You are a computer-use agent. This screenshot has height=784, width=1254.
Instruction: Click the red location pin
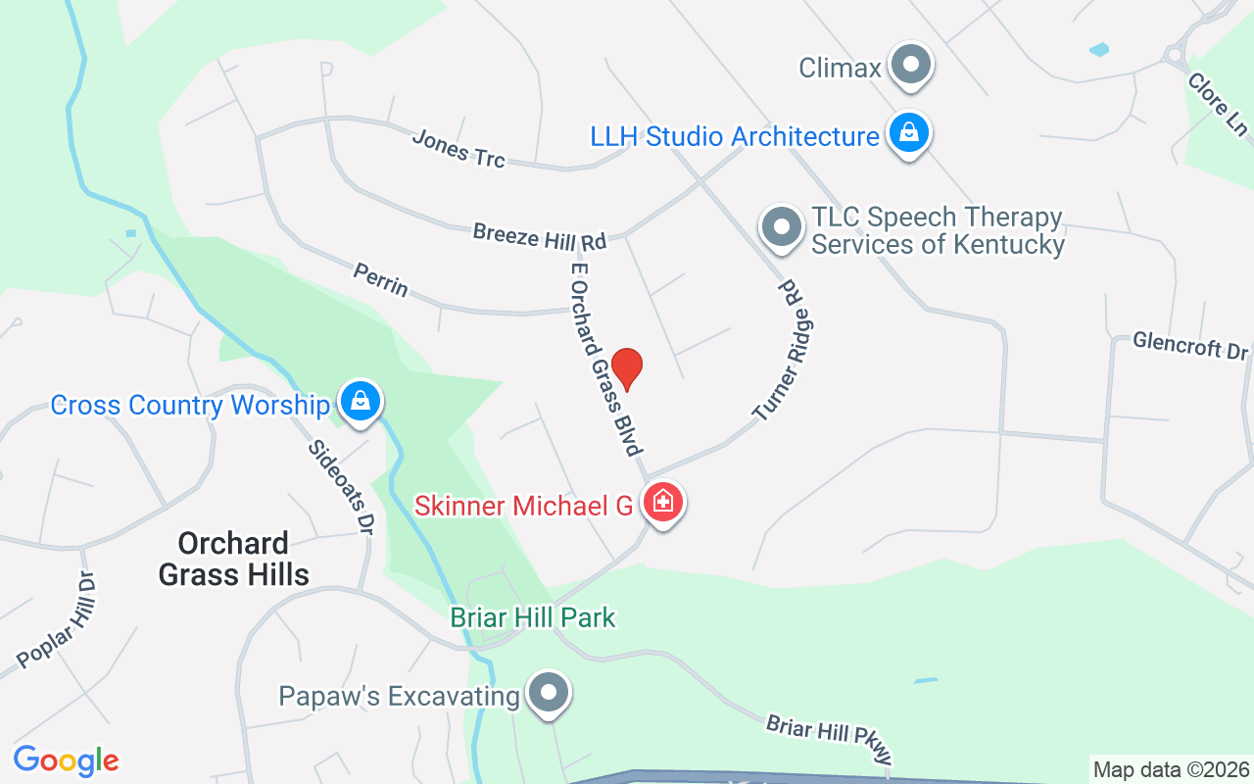pyautogui.click(x=626, y=368)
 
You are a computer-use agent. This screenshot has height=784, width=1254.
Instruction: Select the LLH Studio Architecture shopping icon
pyautogui.click(x=908, y=133)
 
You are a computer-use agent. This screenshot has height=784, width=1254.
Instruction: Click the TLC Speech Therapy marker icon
pyautogui.click(x=781, y=227)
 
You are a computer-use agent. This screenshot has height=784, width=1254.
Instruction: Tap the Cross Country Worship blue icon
pyautogui.click(x=361, y=402)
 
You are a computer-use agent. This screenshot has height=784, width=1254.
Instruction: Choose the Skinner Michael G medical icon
pyautogui.click(x=663, y=503)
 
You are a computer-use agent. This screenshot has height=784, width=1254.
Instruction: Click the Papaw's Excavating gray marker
pyautogui.click(x=550, y=694)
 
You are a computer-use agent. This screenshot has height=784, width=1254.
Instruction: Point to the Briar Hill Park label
pyautogui.click(x=533, y=617)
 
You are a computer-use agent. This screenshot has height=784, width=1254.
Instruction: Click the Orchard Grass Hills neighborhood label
pyautogui.click(x=234, y=559)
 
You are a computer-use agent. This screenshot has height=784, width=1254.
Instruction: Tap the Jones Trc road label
pyautogui.click(x=458, y=148)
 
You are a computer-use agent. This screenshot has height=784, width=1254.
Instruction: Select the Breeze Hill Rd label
pyautogui.click(x=540, y=236)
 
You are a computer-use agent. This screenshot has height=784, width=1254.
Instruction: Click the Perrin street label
pyautogui.click(x=381, y=280)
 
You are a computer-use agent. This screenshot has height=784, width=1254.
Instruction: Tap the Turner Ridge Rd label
pyautogui.click(x=787, y=350)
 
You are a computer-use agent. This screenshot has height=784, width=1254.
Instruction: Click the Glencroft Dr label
pyautogui.click(x=1190, y=345)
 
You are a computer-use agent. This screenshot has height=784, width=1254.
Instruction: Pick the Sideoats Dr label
pyautogui.click(x=341, y=487)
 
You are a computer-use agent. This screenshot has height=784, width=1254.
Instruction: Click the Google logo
pyautogui.click(x=66, y=760)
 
